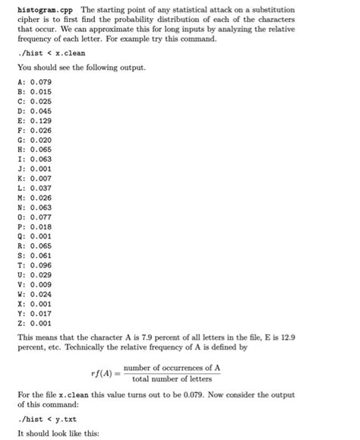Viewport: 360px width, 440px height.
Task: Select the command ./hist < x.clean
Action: coord(47,53)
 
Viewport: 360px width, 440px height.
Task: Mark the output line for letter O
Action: coord(33,218)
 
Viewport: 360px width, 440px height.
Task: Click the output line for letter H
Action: coord(33,150)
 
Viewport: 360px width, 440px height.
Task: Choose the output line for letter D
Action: coord(33,111)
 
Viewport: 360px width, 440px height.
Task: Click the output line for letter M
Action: coord(33,198)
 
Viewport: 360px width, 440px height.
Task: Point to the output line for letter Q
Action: coord(33,237)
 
